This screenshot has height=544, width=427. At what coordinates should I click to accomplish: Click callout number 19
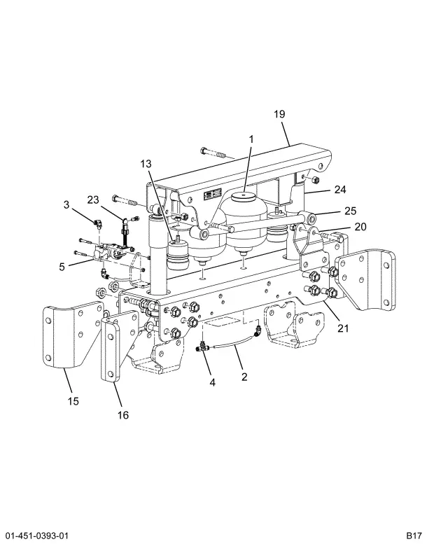click(x=279, y=114)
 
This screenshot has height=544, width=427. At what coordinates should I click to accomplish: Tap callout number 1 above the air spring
click(x=251, y=139)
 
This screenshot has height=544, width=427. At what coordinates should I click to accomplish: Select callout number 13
click(x=146, y=164)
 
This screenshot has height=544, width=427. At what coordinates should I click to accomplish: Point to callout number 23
click(x=93, y=200)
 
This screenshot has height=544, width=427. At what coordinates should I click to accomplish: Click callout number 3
click(x=66, y=204)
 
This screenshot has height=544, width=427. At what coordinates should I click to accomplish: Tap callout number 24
click(x=340, y=190)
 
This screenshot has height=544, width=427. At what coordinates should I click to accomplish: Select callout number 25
click(x=350, y=211)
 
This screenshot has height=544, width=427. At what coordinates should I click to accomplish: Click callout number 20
click(x=360, y=227)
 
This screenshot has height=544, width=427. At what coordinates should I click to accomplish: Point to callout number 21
click(x=343, y=328)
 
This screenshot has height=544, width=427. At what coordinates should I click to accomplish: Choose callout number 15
click(x=73, y=401)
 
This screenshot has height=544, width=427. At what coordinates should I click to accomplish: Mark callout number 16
click(x=123, y=414)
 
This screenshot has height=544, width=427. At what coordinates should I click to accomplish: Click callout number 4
click(x=212, y=382)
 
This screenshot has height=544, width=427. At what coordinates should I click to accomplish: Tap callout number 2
click(x=244, y=377)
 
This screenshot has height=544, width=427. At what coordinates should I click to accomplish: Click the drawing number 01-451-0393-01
click(x=37, y=535)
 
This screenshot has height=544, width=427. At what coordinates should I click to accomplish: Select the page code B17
click(x=414, y=535)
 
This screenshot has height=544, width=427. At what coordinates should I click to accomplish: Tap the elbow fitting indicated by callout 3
click(x=98, y=223)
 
